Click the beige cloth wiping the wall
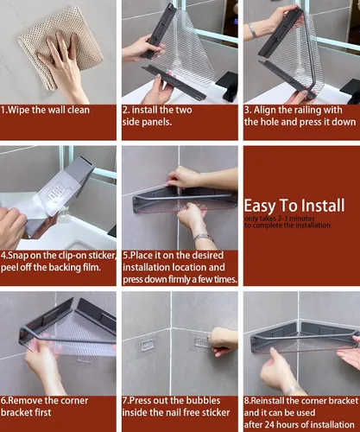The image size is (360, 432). click(60, 46)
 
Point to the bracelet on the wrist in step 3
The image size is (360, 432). click(252, 30)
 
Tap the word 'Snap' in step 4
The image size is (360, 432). click(18, 256)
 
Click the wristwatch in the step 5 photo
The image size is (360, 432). click(204, 238)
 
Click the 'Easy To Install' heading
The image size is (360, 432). click(294, 206)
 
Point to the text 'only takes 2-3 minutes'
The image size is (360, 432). click(279, 219)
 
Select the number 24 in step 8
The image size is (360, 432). click(270, 425)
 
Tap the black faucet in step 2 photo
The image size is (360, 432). click(227, 84)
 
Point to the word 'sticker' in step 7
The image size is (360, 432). click(216, 412)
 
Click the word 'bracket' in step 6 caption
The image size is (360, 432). click(26, 412)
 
